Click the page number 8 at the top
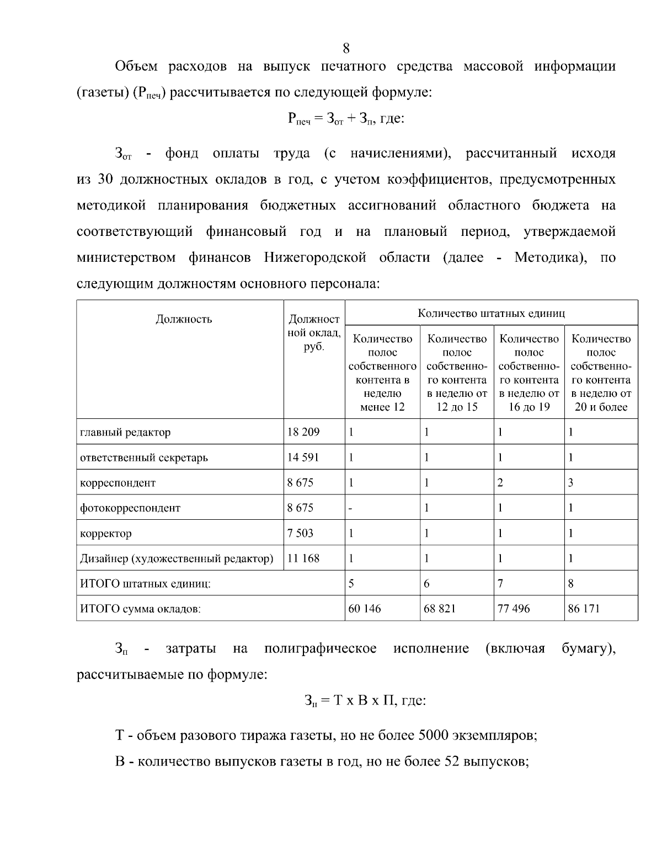point(346,49)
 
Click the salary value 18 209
point(303,432)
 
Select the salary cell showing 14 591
point(303,457)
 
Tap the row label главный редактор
point(125,432)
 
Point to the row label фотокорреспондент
point(130,508)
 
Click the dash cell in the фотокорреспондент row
point(350,508)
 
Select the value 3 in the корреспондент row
point(571,483)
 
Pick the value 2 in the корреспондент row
point(500,483)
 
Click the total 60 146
point(365,609)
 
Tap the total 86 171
point(584,609)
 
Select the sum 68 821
point(440,609)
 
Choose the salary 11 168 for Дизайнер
point(303,558)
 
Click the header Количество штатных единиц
point(491,314)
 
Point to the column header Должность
point(184,319)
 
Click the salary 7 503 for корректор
point(300,533)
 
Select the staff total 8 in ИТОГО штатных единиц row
point(571,584)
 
